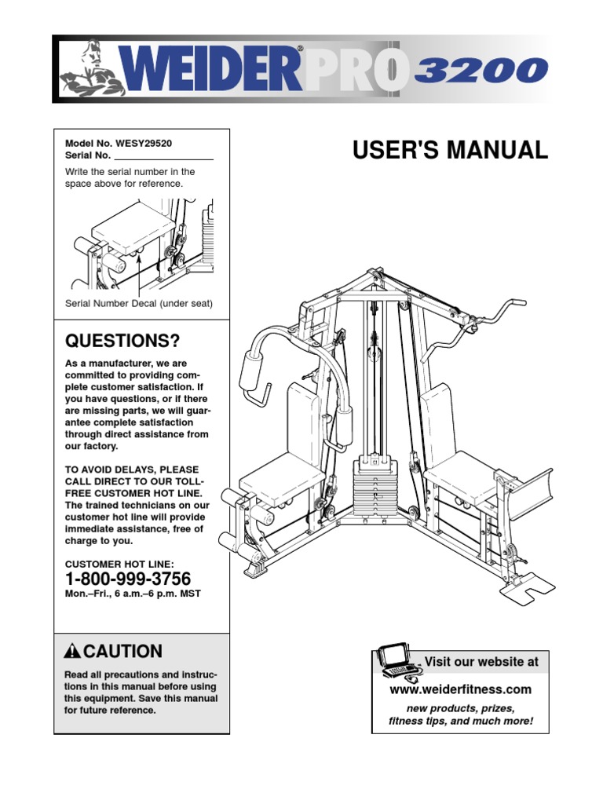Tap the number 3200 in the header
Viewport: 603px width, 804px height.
coord(480,71)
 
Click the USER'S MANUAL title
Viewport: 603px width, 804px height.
coord(450,151)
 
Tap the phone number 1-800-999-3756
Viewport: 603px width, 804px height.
coord(127,579)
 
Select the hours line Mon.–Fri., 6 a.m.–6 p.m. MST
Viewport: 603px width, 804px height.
coord(133,594)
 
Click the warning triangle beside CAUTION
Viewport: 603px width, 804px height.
coord(73,651)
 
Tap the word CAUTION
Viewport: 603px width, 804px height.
coord(123,651)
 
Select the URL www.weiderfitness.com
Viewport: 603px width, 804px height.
coord(461,689)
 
